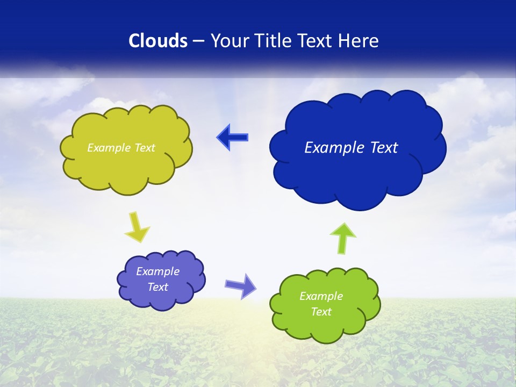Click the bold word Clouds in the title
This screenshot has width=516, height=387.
pyautogui.click(x=158, y=41)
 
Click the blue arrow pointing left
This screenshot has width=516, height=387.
pyautogui.click(x=233, y=138)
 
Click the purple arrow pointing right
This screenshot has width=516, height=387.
pyautogui.click(x=241, y=285)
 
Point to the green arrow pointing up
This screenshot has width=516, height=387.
pyautogui.click(x=342, y=238)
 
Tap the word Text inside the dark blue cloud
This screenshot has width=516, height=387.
pyautogui.click(x=384, y=147)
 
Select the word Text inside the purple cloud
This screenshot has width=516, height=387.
pyautogui.click(x=158, y=287)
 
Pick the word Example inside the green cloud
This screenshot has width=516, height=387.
pyautogui.click(x=321, y=296)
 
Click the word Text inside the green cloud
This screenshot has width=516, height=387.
pyautogui.click(x=321, y=312)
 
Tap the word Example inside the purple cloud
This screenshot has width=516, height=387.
pyautogui.click(x=157, y=271)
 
